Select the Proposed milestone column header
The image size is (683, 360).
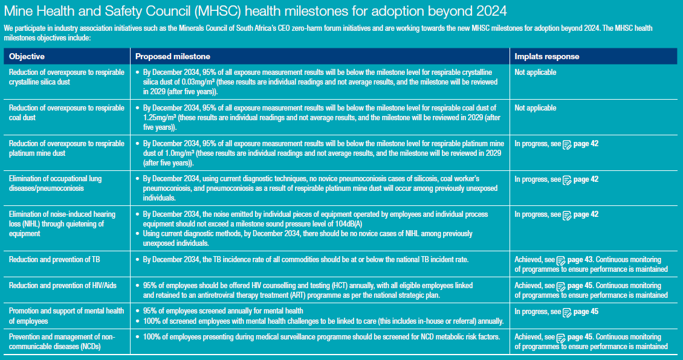point(172,56)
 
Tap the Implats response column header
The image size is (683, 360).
point(547,56)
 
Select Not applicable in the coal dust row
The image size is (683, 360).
point(536,108)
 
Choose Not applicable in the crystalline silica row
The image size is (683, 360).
point(536,72)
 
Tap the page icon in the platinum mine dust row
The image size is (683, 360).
point(567,144)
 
